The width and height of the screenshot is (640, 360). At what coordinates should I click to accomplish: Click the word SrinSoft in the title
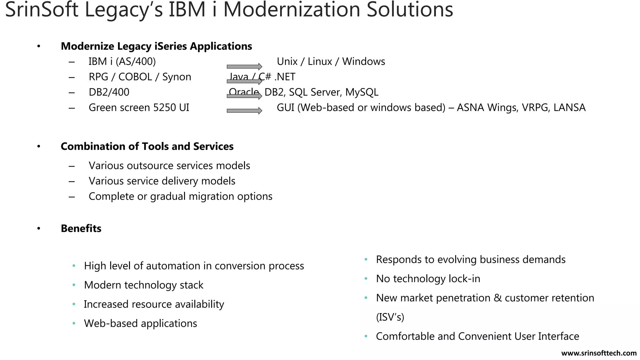click(42, 9)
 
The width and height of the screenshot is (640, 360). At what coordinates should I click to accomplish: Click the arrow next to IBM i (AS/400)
click(244, 67)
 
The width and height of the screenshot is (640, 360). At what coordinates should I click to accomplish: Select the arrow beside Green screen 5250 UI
click(244, 111)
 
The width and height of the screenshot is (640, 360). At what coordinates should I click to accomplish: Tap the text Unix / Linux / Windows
click(331, 62)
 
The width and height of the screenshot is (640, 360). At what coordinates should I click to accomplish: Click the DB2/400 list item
click(109, 92)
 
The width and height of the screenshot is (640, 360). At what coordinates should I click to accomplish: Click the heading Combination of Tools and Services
click(147, 146)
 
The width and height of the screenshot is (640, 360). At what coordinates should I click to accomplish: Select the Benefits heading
click(81, 228)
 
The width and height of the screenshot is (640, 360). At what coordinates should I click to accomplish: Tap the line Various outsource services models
click(169, 166)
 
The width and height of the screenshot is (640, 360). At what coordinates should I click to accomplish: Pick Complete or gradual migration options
click(180, 196)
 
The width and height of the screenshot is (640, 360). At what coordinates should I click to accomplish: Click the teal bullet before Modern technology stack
click(74, 285)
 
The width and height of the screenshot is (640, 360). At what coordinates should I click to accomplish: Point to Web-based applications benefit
click(140, 323)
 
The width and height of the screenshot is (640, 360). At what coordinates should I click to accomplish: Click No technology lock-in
click(428, 278)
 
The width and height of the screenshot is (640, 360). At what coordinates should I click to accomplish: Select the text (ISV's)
click(390, 317)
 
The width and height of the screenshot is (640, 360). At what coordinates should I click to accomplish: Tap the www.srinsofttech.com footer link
click(599, 353)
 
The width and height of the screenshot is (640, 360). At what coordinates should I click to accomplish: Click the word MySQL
click(362, 92)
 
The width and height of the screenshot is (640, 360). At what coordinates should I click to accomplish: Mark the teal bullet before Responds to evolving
click(366, 259)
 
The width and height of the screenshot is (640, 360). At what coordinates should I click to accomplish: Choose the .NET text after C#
click(285, 77)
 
